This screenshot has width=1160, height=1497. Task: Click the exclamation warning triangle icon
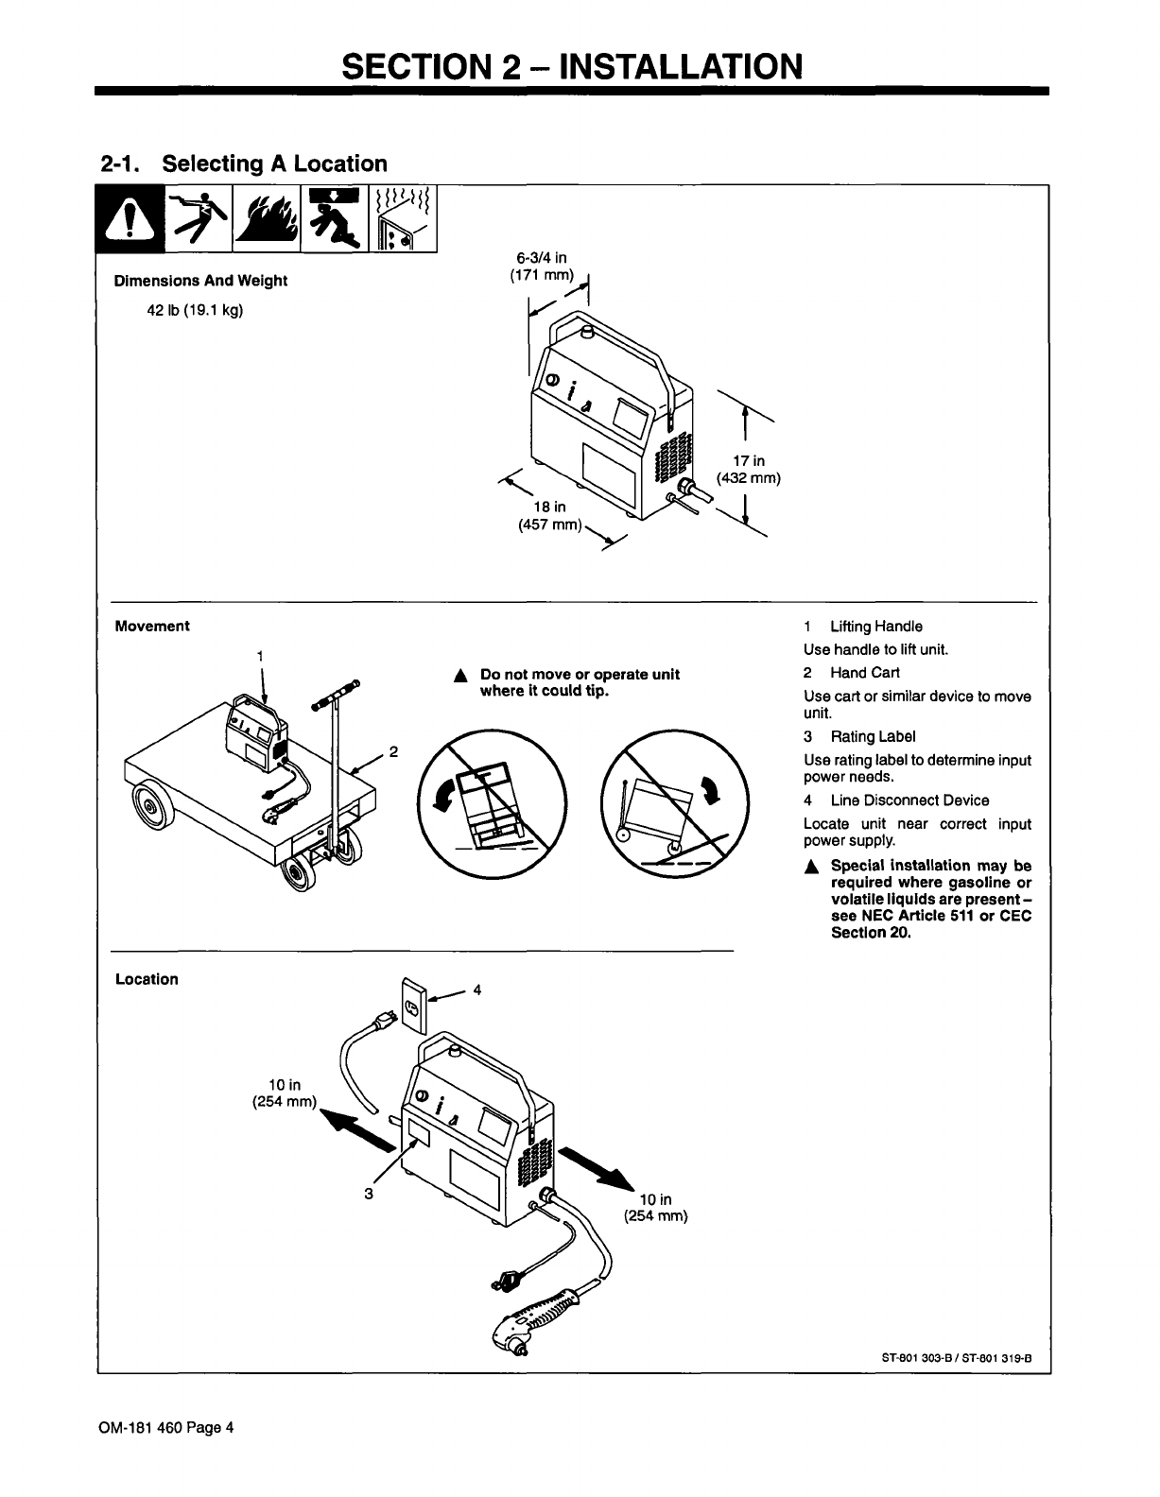coord(130,219)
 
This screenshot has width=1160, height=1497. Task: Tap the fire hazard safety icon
coord(267,219)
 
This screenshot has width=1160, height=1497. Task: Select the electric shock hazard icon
coord(199,219)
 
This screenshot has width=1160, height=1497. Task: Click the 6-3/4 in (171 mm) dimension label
coord(542,267)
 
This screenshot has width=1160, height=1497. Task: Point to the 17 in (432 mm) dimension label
coord(749,469)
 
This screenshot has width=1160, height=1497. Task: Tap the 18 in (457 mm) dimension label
coord(549,515)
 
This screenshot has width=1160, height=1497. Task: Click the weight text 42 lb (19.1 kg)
coord(195,310)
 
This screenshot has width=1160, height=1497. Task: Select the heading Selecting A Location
coord(274,163)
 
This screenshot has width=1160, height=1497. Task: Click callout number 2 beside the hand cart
coord(393,751)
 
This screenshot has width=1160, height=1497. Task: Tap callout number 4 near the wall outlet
coord(476,989)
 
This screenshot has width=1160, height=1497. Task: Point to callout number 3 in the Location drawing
coord(369,1194)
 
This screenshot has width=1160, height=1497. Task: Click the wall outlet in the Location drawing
coord(414,1006)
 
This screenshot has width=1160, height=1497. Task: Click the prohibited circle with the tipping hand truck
coord(492,803)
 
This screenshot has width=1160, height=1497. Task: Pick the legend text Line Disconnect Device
coord(909,800)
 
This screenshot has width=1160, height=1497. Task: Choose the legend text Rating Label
coord(873,736)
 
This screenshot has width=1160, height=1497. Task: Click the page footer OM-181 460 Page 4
coord(166,1427)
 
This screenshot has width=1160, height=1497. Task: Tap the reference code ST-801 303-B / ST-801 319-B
coord(956,1358)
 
